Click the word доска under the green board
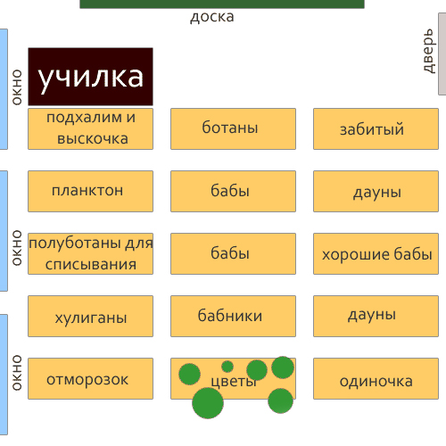[x=212, y=17]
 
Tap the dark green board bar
[x=222, y=4]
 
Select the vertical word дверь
[x=429, y=51]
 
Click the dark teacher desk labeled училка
[x=91, y=77]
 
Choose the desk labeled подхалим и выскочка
[x=91, y=128]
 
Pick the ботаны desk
[x=233, y=128]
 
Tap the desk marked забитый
[x=376, y=128]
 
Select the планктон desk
[x=91, y=191]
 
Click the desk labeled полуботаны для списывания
[x=91, y=253]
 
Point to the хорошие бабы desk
[x=376, y=253]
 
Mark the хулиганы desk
[x=91, y=316]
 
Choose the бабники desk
[x=233, y=316]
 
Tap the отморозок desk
[x=91, y=378]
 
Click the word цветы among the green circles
[x=234, y=382]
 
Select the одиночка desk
[x=376, y=378]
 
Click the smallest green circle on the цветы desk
[x=227, y=367]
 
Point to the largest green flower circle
[x=208, y=403]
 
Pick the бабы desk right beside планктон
[x=233, y=191]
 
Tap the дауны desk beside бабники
[x=376, y=316]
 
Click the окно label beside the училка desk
[x=17, y=87]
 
